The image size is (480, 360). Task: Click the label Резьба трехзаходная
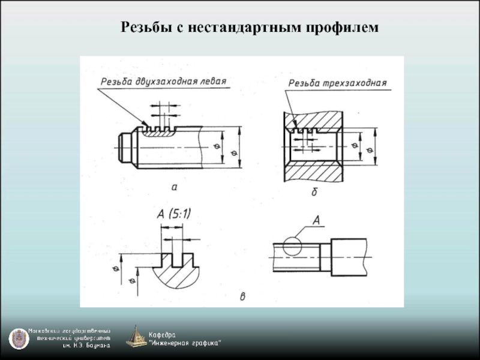tap(337, 83)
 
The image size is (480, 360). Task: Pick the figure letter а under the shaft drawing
tap(175, 187)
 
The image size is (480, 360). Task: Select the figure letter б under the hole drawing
tap(314, 193)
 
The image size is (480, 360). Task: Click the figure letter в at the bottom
tap(242, 296)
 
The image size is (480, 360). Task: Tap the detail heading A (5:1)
tap(178, 213)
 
